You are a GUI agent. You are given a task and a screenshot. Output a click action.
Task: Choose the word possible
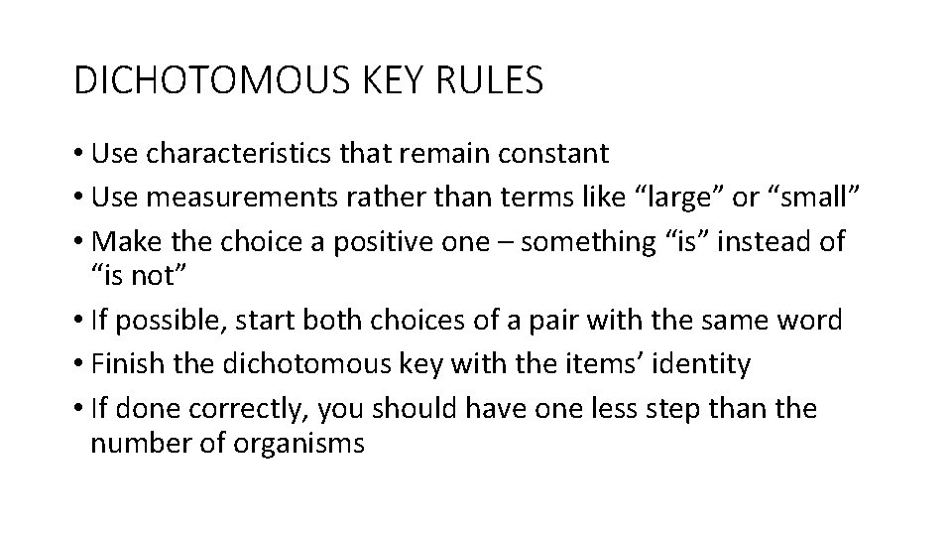click(x=168, y=321)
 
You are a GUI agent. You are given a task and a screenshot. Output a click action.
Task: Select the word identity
click(x=702, y=364)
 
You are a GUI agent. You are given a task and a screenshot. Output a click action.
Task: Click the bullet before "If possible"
click(x=78, y=321)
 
